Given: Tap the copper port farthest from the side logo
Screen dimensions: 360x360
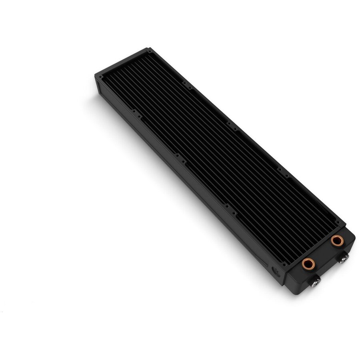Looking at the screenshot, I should (336, 241).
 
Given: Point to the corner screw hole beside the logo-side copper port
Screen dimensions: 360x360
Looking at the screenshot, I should (284, 264).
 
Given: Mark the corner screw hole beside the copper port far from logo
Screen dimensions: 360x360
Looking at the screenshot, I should (340, 221).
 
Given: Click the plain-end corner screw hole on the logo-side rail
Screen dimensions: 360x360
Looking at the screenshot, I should (99, 75).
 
